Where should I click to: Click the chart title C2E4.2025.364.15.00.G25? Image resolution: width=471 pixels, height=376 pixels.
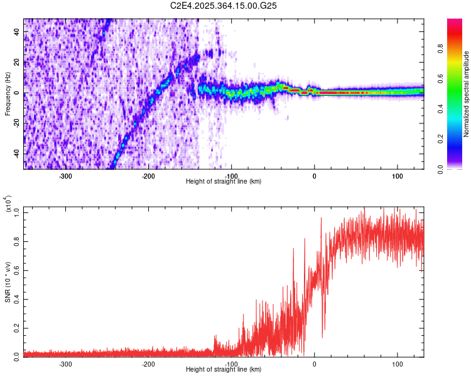point(224,6)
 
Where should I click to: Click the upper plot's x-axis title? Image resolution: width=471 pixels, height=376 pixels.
point(224,181)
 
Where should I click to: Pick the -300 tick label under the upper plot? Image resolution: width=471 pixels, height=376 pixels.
point(66,175)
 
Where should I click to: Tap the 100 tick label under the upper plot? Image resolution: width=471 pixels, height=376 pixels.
point(397,175)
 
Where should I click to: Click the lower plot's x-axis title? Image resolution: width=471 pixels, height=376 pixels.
point(224,369)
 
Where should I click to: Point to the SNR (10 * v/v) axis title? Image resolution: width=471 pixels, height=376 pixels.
point(8,282)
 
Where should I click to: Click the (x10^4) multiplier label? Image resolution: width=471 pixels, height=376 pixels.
point(8,204)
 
